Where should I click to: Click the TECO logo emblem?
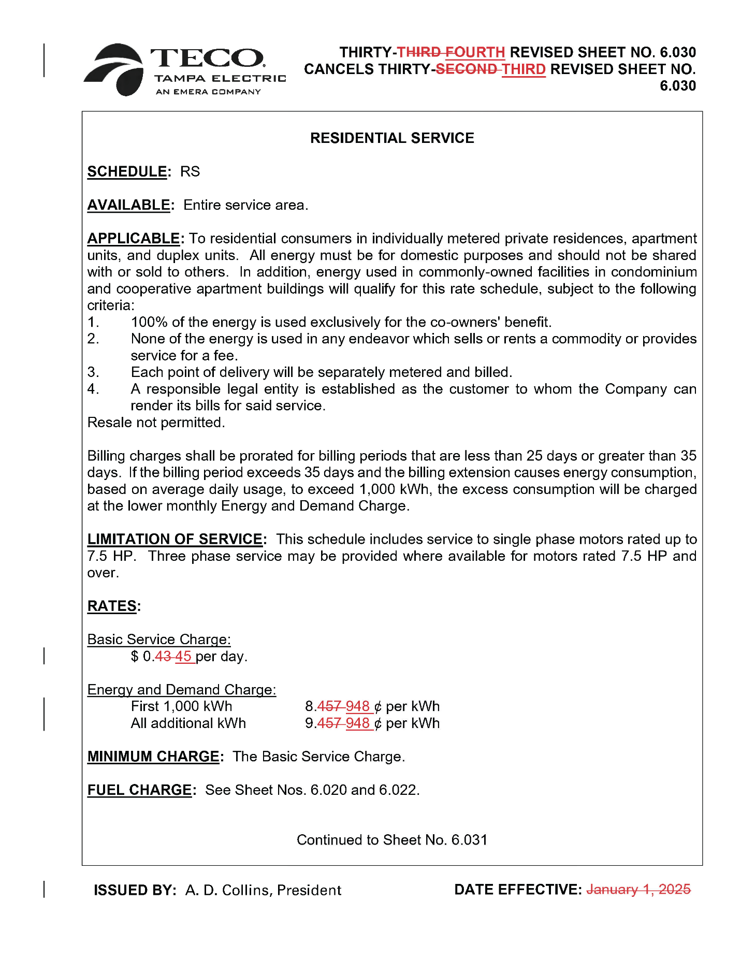coord(115,69)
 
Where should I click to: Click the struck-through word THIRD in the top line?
coord(419,52)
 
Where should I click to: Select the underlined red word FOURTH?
coord(475,52)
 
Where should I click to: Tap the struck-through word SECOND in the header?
coord(466,69)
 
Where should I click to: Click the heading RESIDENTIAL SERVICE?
coord(392,138)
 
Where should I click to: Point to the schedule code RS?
coord(190,171)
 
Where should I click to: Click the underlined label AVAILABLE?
coord(128,205)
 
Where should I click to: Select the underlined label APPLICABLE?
coord(134,238)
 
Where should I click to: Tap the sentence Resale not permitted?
coord(156,423)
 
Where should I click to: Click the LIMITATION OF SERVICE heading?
coord(175,539)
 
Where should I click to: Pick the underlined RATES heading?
coord(112,606)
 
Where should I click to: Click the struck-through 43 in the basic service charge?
coord(163,657)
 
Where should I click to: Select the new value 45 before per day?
coord(183,657)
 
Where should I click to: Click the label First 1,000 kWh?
coord(181,706)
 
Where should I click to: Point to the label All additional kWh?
coord(188,723)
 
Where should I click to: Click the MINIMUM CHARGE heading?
coord(153,757)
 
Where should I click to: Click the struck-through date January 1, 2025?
coord(638,890)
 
